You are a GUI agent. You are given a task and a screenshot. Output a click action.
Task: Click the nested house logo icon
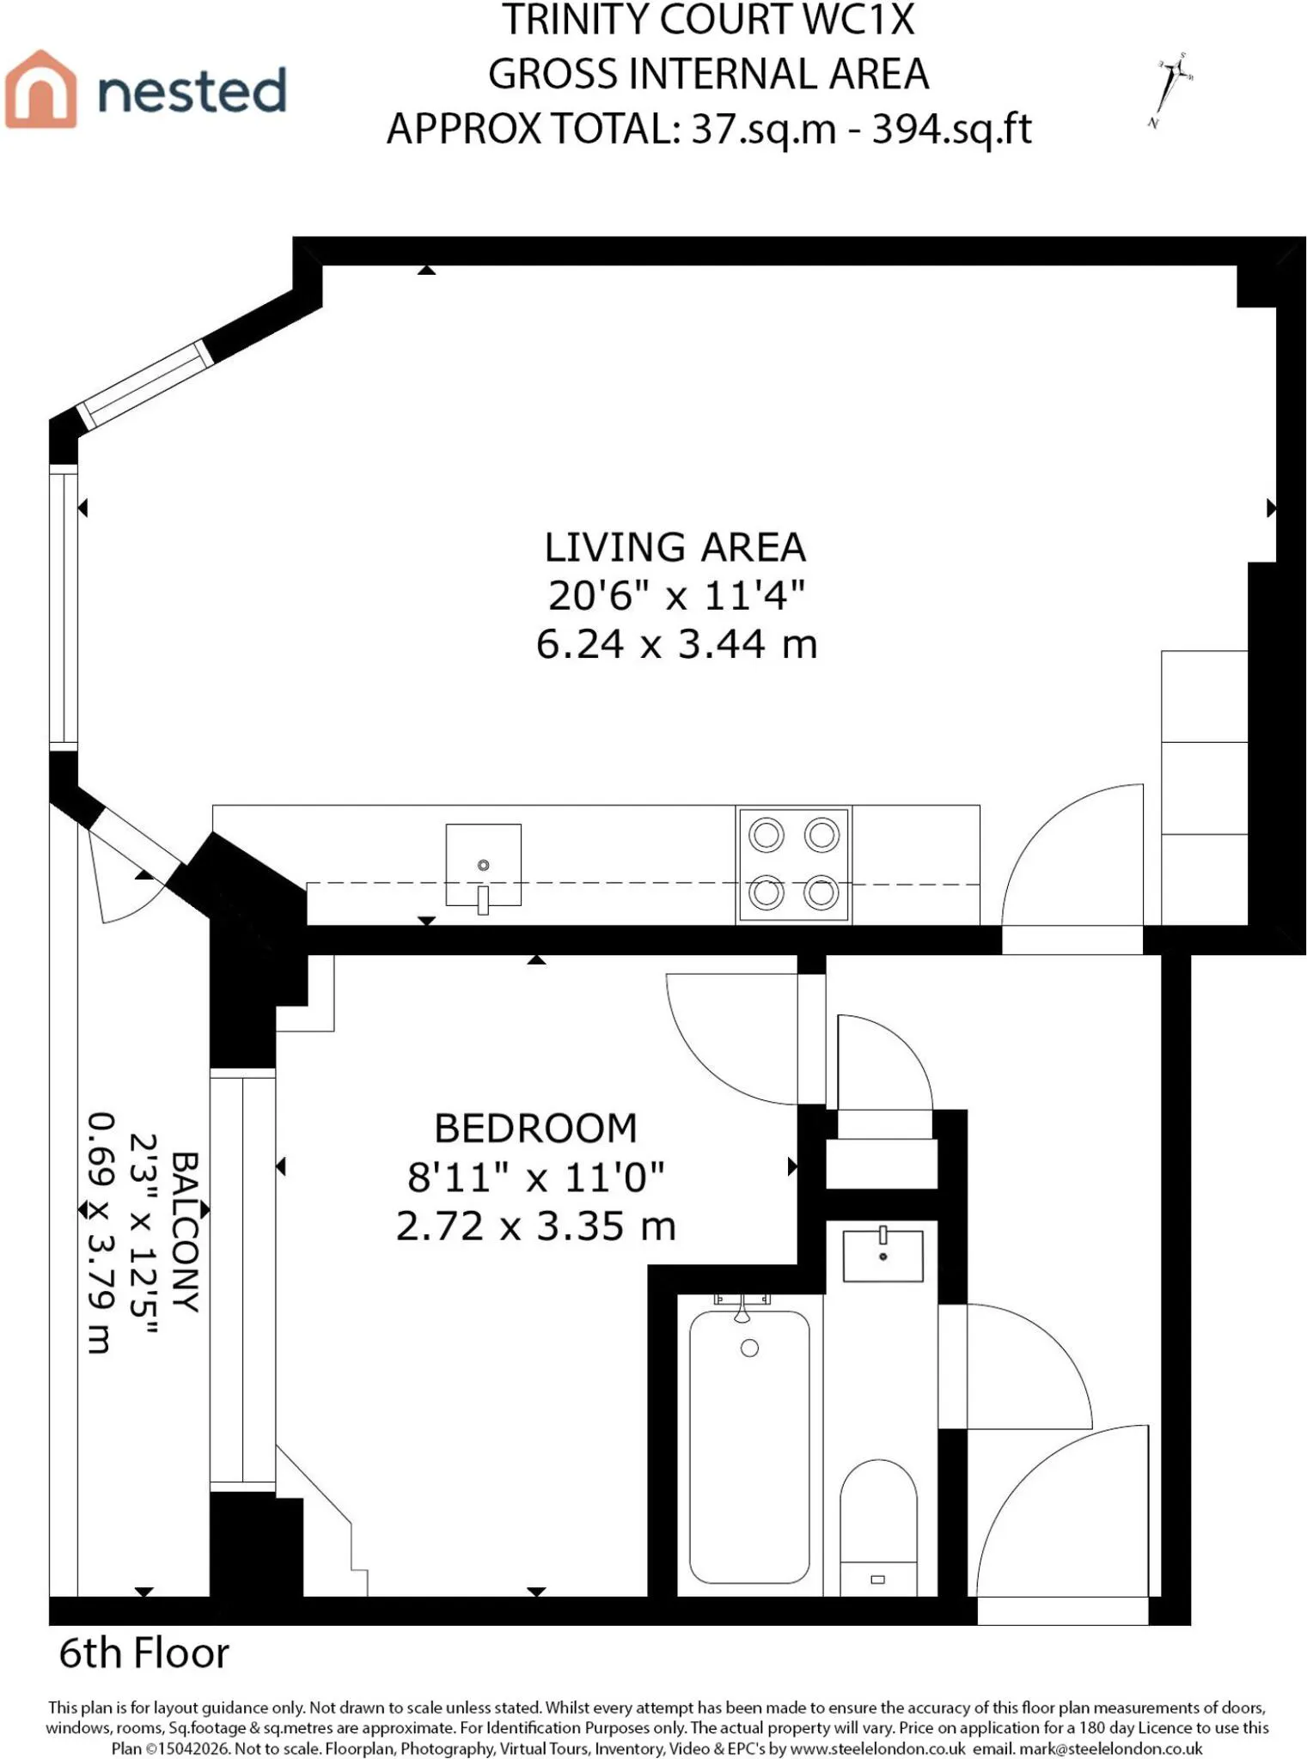tap(41, 89)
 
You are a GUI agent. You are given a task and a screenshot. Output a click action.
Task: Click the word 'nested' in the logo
tap(192, 91)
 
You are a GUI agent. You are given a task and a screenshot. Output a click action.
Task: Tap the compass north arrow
tap(1170, 89)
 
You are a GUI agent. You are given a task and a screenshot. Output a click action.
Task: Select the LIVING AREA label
tap(675, 547)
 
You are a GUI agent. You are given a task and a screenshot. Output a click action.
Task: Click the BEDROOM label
tap(536, 1128)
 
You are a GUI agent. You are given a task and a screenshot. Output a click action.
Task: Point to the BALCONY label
tap(186, 1232)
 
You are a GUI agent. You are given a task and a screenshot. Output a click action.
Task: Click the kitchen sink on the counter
tap(483, 866)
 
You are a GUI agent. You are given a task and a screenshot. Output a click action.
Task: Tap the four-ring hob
tap(794, 864)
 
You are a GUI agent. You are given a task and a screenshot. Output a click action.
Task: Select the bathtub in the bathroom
tap(749, 1447)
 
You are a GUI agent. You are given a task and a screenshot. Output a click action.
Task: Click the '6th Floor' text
tap(144, 1653)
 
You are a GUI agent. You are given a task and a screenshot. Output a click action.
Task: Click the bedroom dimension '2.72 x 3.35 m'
tap(536, 1226)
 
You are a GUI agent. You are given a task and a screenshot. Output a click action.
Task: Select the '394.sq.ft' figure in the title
tap(952, 130)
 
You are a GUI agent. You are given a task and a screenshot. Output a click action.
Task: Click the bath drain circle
tap(749, 1348)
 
